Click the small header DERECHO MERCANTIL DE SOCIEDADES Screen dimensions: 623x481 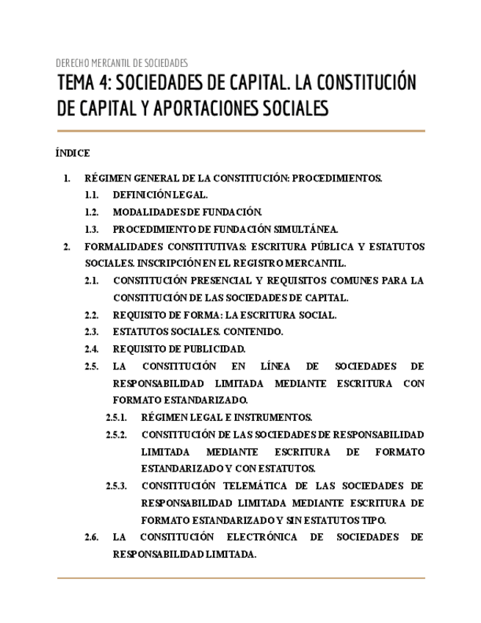(122, 63)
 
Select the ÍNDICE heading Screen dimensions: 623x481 (73, 153)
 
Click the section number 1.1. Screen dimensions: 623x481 (92, 195)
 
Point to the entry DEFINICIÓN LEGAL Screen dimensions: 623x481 (160, 195)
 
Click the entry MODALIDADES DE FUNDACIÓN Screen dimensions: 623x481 (187, 212)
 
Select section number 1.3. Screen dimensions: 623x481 (92, 228)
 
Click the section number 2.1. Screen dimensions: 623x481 (92, 281)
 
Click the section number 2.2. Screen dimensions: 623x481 (92, 314)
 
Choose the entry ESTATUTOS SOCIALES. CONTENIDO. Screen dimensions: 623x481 (198, 331)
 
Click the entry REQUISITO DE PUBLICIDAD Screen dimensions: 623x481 (179, 348)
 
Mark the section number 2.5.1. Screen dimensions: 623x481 (117, 417)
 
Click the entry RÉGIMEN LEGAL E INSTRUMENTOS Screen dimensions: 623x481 (227, 417)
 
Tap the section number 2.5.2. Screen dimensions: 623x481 (117, 434)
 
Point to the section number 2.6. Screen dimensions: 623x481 (92, 537)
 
